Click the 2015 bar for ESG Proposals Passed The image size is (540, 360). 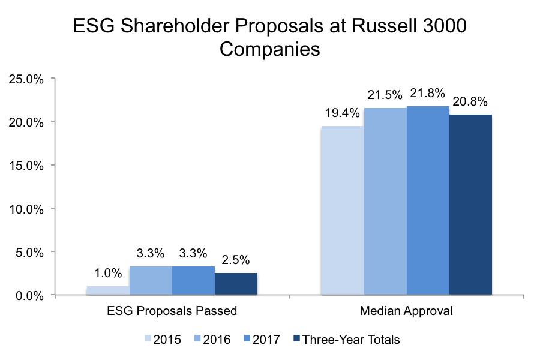[x=108, y=291]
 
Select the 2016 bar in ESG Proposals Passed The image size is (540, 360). [x=151, y=281]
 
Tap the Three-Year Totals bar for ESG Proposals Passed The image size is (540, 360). [x=236, y=284]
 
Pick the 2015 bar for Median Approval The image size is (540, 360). [x=342, y=211]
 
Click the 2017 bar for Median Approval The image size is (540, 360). [x=428, y=200]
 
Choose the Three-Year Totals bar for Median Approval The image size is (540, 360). [x=470, y=205]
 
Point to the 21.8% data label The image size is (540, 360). [x=427, y=94]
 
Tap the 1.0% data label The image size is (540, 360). [x=108, y=273]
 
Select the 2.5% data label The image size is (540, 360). [x=236, y=260]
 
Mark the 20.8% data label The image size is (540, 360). [x=470, y=102]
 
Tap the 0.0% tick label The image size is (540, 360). [x=28, y=295]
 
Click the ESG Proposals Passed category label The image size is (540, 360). [x=172, y=311]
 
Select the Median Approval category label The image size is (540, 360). [x=406, y=311]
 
